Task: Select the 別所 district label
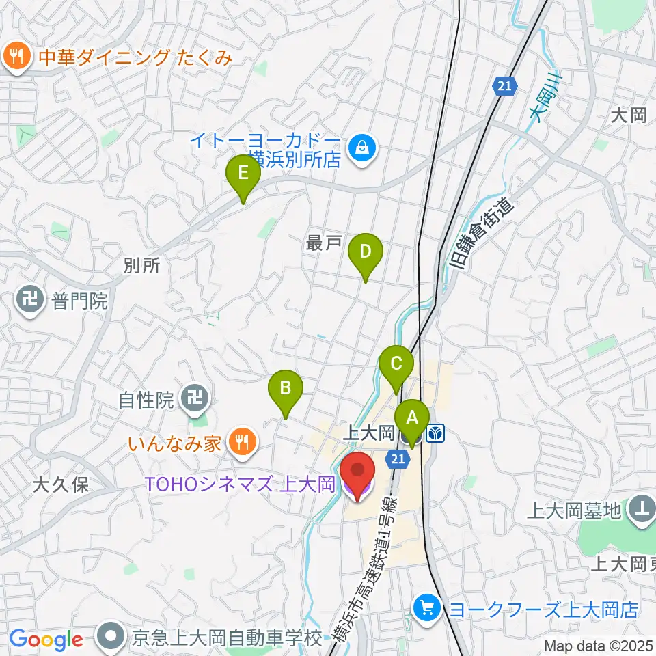pyautogui.click(x=142, y=265)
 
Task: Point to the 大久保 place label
pyautogui.click(x=61, y=486)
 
